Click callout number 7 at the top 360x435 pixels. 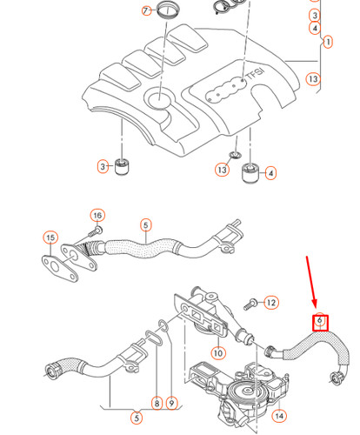click(146, 10)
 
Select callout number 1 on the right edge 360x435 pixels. click(328, 42)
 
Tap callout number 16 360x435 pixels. click(97, 215)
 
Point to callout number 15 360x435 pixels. click(50, 238)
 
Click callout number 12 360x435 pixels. click(270, 303)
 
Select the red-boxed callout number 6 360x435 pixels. click(319, 322)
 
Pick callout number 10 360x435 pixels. click(217, 352)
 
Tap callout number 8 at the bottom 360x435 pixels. click(157, 403)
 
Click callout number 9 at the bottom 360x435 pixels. click(172, 403)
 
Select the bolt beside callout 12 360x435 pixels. click(250, 302)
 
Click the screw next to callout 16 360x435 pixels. click(96, 231)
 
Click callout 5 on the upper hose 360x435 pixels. click(145, 224)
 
